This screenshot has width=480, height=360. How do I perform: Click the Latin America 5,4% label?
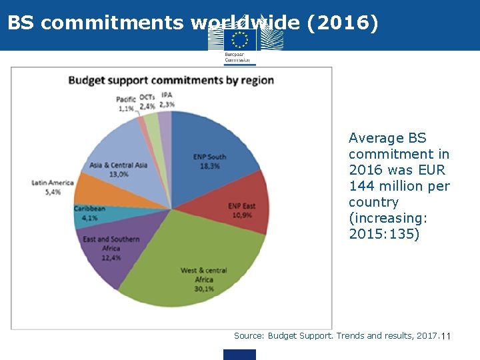(52, 187)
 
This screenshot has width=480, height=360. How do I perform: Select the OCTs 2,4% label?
(147, 101)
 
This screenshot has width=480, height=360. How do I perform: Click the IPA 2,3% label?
(167, 100)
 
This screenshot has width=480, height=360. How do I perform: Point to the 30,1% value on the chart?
(204, 289)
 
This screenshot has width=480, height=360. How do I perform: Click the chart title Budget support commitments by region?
(171, 81)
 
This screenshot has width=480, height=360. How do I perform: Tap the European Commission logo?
(239, 43)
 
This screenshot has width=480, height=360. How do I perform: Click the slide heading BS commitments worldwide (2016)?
(193, 23)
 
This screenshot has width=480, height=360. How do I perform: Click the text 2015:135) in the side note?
(384, 234)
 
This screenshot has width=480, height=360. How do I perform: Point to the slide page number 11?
(446, 336)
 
